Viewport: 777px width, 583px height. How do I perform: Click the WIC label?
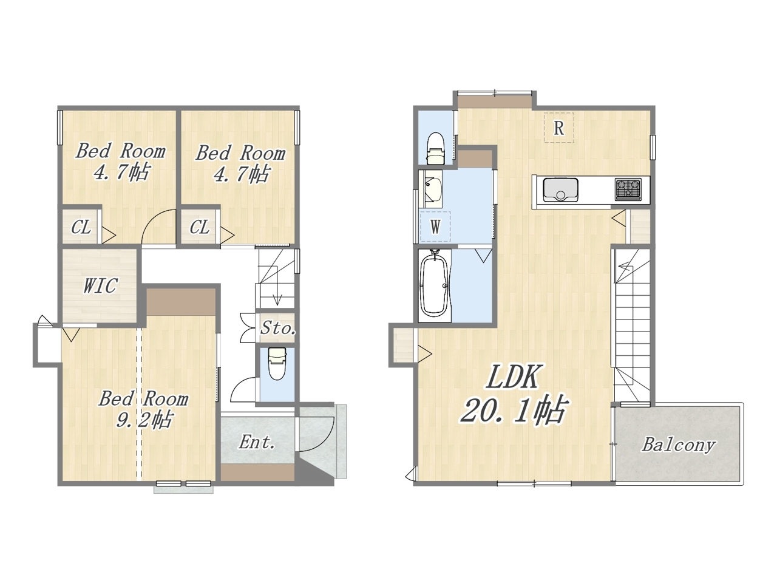(100, 285)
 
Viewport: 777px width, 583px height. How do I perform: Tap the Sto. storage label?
(278, 328)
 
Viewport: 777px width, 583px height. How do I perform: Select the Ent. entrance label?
(257, 442)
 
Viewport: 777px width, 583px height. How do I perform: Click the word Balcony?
(679, 445)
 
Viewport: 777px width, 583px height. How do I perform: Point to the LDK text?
(512, 377)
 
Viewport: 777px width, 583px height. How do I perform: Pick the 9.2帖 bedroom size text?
(144, 420)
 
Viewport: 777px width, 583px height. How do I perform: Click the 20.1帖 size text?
(514, 411)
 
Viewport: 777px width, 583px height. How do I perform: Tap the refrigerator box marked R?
(558, 128)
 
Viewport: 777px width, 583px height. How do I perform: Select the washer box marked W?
(435, 227)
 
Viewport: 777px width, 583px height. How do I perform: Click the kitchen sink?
(560, 189)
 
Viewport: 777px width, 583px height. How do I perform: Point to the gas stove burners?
(628, 189)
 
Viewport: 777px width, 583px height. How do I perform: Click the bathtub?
(435, 285)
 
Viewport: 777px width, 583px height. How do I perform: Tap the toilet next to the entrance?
(277, 363)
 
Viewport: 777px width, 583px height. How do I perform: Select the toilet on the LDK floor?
(436, 149)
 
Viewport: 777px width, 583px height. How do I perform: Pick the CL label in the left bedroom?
(81, 227)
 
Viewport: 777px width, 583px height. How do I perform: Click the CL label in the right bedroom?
(199, 227)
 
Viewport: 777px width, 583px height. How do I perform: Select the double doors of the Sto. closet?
(248, 328)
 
